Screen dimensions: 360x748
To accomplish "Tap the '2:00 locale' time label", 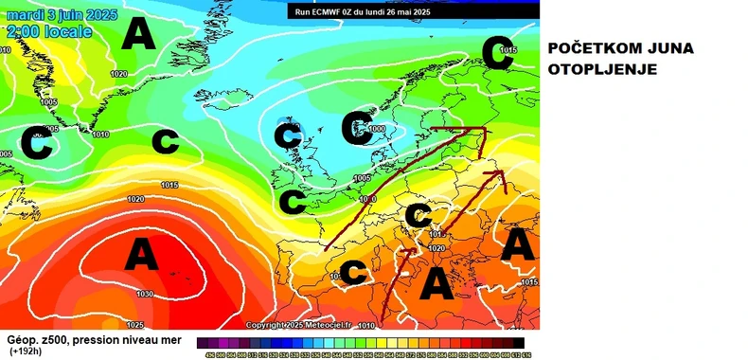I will (x=48, y=32).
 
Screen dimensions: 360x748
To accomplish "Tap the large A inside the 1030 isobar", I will (x=141, y=254).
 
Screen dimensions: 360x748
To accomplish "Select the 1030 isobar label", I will (x=144, y=294).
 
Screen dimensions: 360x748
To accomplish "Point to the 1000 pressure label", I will (x=378, y=128).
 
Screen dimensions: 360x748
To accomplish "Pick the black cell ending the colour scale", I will (x=518, y=343).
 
